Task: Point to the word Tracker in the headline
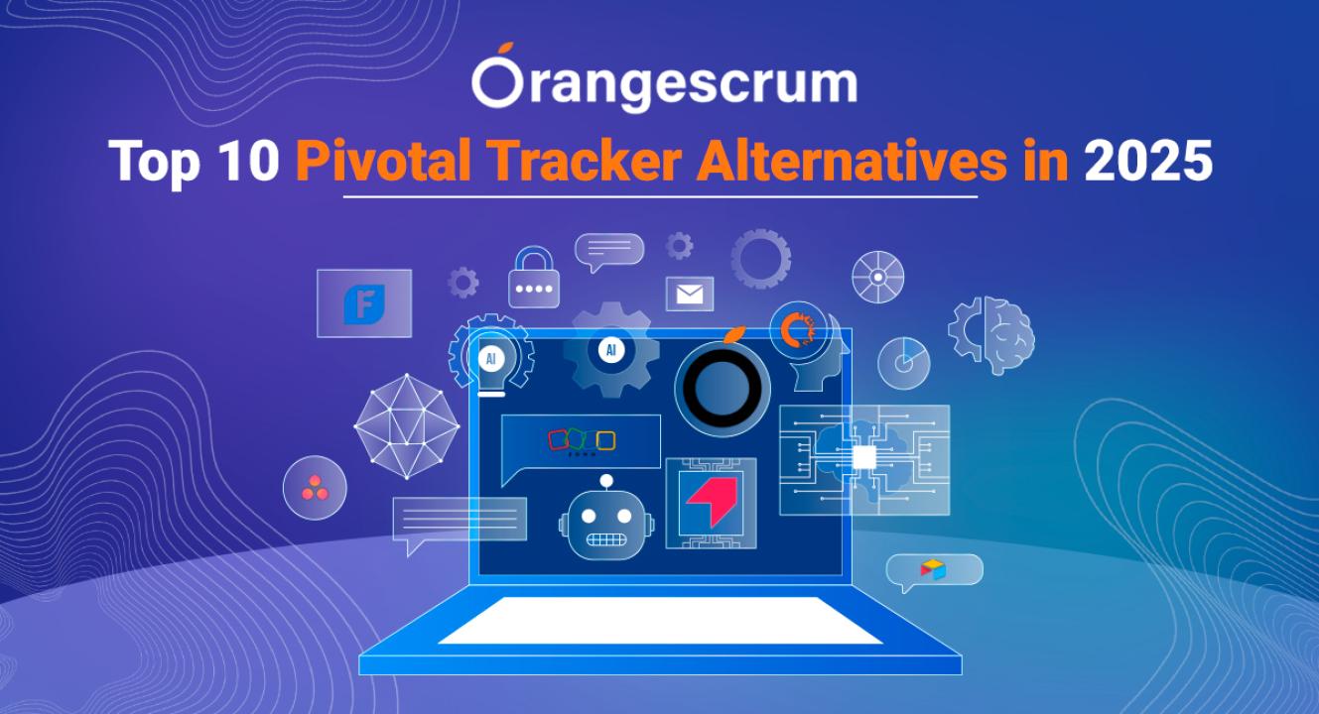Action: click(585, 161)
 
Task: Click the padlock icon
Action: click(534, 277)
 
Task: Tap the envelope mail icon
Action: click(690, 294)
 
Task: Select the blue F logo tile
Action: click(364, 303)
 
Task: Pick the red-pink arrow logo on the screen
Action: click(712, 503)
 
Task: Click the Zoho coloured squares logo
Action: click(582, 441)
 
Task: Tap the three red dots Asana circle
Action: click(315, 488)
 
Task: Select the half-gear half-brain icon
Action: click(991, 335)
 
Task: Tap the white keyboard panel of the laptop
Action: click(660, 621)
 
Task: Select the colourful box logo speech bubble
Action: click(934, 570)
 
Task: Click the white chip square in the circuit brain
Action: click(864, 457)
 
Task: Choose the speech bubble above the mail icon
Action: click(609, 250)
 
